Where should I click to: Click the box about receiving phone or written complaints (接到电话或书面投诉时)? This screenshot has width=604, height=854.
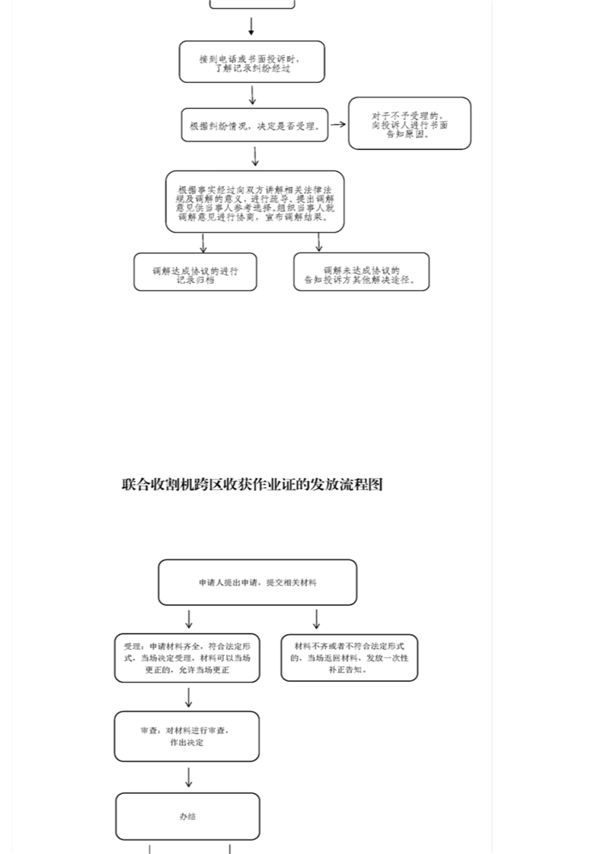(251, 62)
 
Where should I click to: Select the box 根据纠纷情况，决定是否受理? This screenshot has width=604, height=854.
(254, 125)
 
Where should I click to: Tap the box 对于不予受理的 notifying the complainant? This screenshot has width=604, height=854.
(410, 123)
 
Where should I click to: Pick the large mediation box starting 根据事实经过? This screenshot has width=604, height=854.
(254, 202)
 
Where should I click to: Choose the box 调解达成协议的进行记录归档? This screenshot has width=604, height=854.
(195, 272)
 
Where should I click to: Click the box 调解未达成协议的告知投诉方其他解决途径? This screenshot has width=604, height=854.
(361, 272)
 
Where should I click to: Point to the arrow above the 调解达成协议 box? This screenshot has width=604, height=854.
(203, 243)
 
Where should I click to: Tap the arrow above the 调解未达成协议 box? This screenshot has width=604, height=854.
(318, 243)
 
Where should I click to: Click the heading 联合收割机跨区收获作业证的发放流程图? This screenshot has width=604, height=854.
(252, 484)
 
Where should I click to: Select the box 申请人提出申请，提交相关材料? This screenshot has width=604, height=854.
(257, 582)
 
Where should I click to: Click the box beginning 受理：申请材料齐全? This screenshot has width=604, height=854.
(187, 658)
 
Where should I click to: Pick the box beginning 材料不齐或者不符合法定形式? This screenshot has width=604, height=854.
(349, 658)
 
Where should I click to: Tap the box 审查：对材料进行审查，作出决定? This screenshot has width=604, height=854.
(187, 736)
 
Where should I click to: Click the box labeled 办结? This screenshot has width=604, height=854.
(187, 817)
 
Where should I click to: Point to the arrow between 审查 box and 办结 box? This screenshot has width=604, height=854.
(188, 776)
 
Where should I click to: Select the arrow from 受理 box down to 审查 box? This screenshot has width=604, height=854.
(188, 696)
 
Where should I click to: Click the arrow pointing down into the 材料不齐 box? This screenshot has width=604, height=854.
(316, 619)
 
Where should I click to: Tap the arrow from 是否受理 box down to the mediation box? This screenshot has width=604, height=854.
(255, 156)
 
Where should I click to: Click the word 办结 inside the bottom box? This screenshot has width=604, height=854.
(187, 817)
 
